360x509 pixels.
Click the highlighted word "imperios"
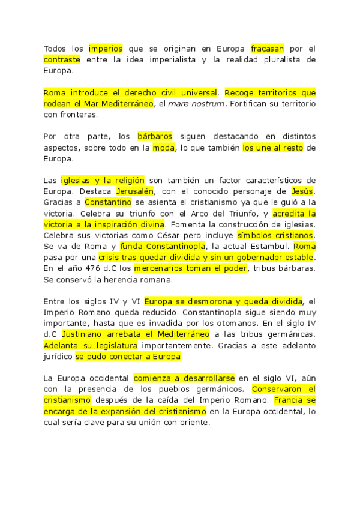(106, 48)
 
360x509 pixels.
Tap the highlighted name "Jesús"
(302, 191)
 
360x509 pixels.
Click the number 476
(89, 268)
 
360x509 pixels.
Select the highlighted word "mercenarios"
(155, 268)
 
